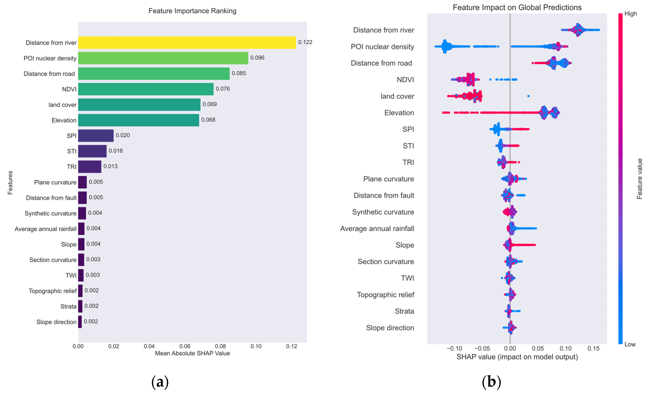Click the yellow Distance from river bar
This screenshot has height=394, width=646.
(187, 43)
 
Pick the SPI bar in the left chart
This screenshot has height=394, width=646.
(96, 136)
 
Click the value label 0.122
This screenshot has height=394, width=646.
(305, 42)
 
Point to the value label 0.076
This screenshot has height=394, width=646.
(223, 89)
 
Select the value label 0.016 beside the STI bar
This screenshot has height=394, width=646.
(116, 151)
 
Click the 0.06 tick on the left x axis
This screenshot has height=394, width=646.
(185, 346)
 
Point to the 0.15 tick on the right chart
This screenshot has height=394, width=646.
(593, 349)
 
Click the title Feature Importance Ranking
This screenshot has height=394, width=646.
(192, 11)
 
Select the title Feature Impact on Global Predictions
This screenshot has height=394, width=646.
(517, 7)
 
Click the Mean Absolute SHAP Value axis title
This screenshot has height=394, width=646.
(192, 353)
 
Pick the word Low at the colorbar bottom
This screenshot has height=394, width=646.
(630, 344)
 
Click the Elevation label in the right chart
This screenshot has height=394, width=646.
(399, 113)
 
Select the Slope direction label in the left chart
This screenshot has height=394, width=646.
(56, 322)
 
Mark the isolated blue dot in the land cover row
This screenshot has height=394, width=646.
(528, 96)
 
